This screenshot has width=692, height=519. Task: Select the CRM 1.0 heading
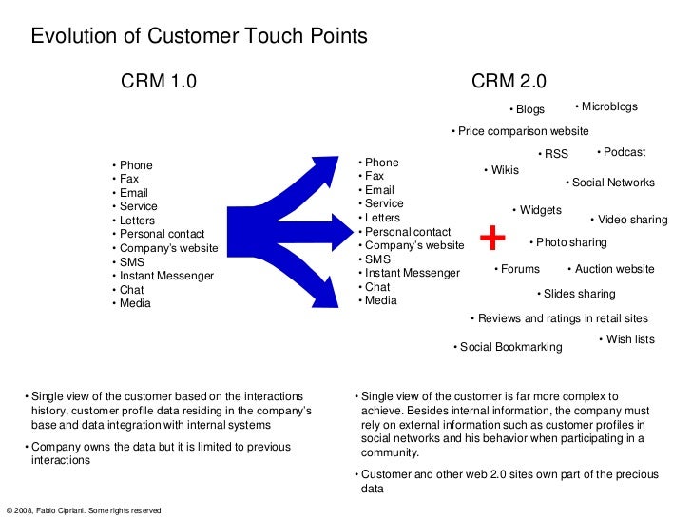coord(159,81)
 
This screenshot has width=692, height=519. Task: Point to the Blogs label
coord(529,109)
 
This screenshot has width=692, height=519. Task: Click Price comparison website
coord(521,131)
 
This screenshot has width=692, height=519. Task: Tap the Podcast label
coord(623,152)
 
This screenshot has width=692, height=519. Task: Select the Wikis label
coord(503,170)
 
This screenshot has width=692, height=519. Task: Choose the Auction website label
coord(612,269)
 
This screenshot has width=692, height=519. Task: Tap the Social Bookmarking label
coord(509,347)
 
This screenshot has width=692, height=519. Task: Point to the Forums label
coord(518,269)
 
